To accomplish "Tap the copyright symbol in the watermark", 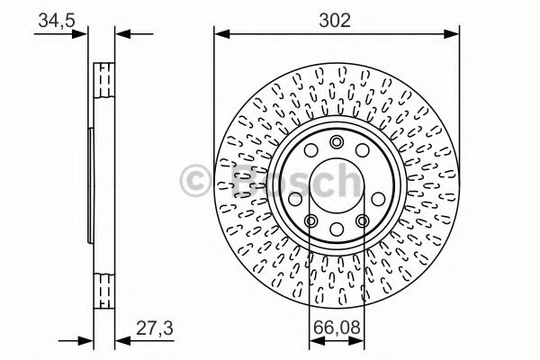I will [196, 180].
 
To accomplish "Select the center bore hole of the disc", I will [336, 184].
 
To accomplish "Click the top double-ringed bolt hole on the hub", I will [337, 141].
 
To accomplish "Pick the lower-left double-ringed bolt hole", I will [310, 222].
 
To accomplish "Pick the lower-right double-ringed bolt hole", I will [362, 222].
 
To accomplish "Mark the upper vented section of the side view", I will [104, 86].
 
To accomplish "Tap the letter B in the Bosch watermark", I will [238, 182].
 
